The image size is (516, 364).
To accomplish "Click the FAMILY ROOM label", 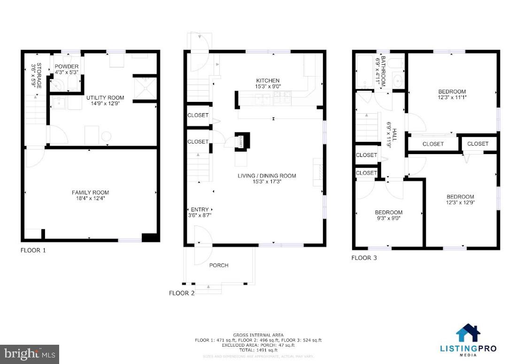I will tap(90, 193).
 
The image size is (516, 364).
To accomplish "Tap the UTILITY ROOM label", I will tap(105, 98).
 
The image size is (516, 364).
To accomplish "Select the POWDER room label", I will tap(67, 66).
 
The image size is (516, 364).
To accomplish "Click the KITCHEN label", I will tap(268, 81).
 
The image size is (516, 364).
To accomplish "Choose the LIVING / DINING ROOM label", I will tap(267, 176).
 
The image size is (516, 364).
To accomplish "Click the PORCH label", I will tap(219, 265).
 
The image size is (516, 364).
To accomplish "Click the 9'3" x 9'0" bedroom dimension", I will tap(388, 218).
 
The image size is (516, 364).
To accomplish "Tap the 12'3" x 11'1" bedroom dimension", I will tap(452, 98).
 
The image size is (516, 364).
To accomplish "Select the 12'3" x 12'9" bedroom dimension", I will tap(460, 203).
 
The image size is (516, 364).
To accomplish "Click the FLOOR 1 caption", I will tap(33, 250).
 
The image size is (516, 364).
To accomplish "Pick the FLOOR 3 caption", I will tap(364, 258).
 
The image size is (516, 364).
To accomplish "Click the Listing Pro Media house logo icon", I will tap(468, 333).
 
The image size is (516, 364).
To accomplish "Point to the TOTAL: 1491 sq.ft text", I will tap(258, 350).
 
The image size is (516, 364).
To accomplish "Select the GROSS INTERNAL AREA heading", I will tap(258, 335).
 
